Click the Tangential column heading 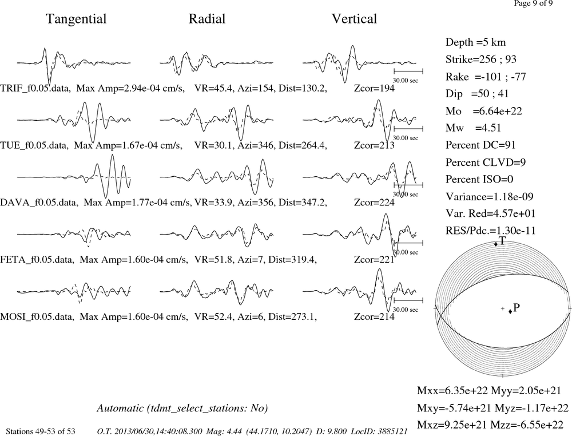point(76,19)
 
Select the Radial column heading point(207,19)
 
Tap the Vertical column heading point(354,19)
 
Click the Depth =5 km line point(475,42)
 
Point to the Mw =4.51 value point(473,128)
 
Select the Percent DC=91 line point(480,145)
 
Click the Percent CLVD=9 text point(486,162)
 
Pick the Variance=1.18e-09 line point(489,197)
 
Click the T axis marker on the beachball point(496,244)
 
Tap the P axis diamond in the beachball point(510,311)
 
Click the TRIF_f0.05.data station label point(35,88)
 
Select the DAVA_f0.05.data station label point(39,203)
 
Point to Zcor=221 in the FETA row point(374,260)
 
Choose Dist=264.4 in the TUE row point(303,145)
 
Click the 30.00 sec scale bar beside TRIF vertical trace point(408,71)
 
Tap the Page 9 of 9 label point(533,3)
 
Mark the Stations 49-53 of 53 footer point(41,431)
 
